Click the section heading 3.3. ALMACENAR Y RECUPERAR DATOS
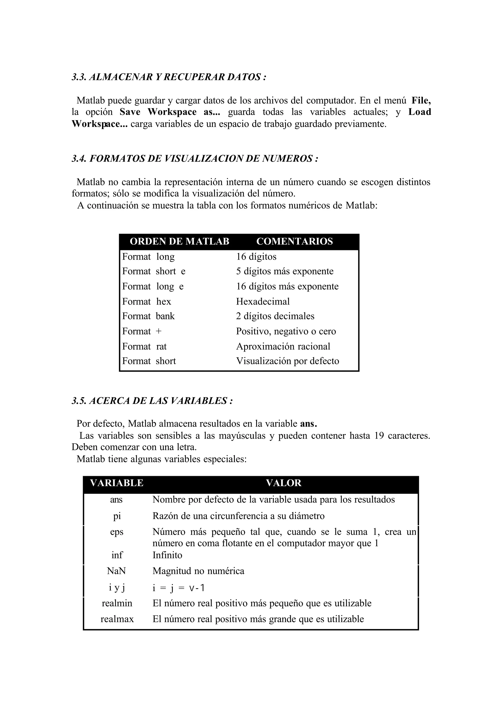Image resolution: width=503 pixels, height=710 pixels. [169, 77]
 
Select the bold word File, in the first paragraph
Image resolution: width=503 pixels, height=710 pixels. [421, 100]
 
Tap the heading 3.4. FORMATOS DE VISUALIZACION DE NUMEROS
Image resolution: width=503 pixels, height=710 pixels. [195, 159]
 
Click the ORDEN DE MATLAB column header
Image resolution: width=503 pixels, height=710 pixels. [179, 241]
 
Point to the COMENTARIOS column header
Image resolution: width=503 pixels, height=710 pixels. [294, 241]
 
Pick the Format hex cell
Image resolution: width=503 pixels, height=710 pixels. [146, 301]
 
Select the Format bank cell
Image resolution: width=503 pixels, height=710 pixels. [148, 316]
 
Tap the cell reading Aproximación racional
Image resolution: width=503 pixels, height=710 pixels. [283, 346]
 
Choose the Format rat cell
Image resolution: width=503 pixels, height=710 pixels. [144, 346]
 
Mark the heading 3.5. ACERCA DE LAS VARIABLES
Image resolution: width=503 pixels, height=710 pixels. [152, 401]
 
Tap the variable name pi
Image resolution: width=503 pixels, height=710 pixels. [117, 516]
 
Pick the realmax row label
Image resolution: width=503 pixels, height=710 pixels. [117, 619]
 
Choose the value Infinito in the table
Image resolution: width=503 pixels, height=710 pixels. [167, 555]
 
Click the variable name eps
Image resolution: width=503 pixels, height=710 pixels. [117, 532]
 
